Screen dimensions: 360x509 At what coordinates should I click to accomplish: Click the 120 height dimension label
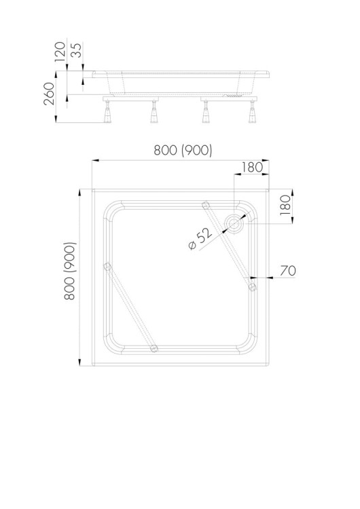pyautogui.click(x=60, y=52)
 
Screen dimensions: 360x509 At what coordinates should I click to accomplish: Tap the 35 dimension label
pyautogui.click(x=77, y=50)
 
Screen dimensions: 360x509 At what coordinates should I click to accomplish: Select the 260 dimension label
pyautogui.click(x=49, y=94)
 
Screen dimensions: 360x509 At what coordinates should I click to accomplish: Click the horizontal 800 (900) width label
pyautogui.click(x=183, y=150)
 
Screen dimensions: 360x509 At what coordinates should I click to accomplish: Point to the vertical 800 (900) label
pyautogui.click(x=69, y=271)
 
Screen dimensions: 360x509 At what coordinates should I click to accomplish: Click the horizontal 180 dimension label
pyautogui.click(x=252, y=167)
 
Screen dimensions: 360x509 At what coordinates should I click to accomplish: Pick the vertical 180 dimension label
pyautogui.click(x=285, y=205)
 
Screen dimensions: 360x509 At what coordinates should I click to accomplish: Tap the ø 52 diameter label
pyautogui.click(x=200, y=239)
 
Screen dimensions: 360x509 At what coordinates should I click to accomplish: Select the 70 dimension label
pyautogui.click(x=288, y=270)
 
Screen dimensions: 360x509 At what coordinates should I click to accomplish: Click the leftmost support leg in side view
pyautogui.click(x=107, y=112)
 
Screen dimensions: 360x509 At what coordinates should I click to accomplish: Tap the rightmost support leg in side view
pyautogui.click(x=252, y=112)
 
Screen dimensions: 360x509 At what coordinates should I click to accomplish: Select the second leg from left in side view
pyautogui.click(x=154, y=112)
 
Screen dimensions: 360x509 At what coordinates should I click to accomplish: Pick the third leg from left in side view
pyautogui.click(x=205, y=112)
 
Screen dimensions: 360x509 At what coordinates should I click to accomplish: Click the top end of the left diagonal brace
pyautogui.click(x=107, y=267)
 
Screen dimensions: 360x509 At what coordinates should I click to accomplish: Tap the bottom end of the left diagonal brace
pyautogui.click(x=154, y=348)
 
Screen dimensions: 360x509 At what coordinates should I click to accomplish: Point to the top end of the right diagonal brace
pyautogui.click(x=206, y=205)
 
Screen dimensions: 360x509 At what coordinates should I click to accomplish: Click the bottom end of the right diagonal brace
pyautogui.click(x=252, y=286)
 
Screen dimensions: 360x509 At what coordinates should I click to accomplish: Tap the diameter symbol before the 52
pyautogui.click(x=192, y=246)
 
